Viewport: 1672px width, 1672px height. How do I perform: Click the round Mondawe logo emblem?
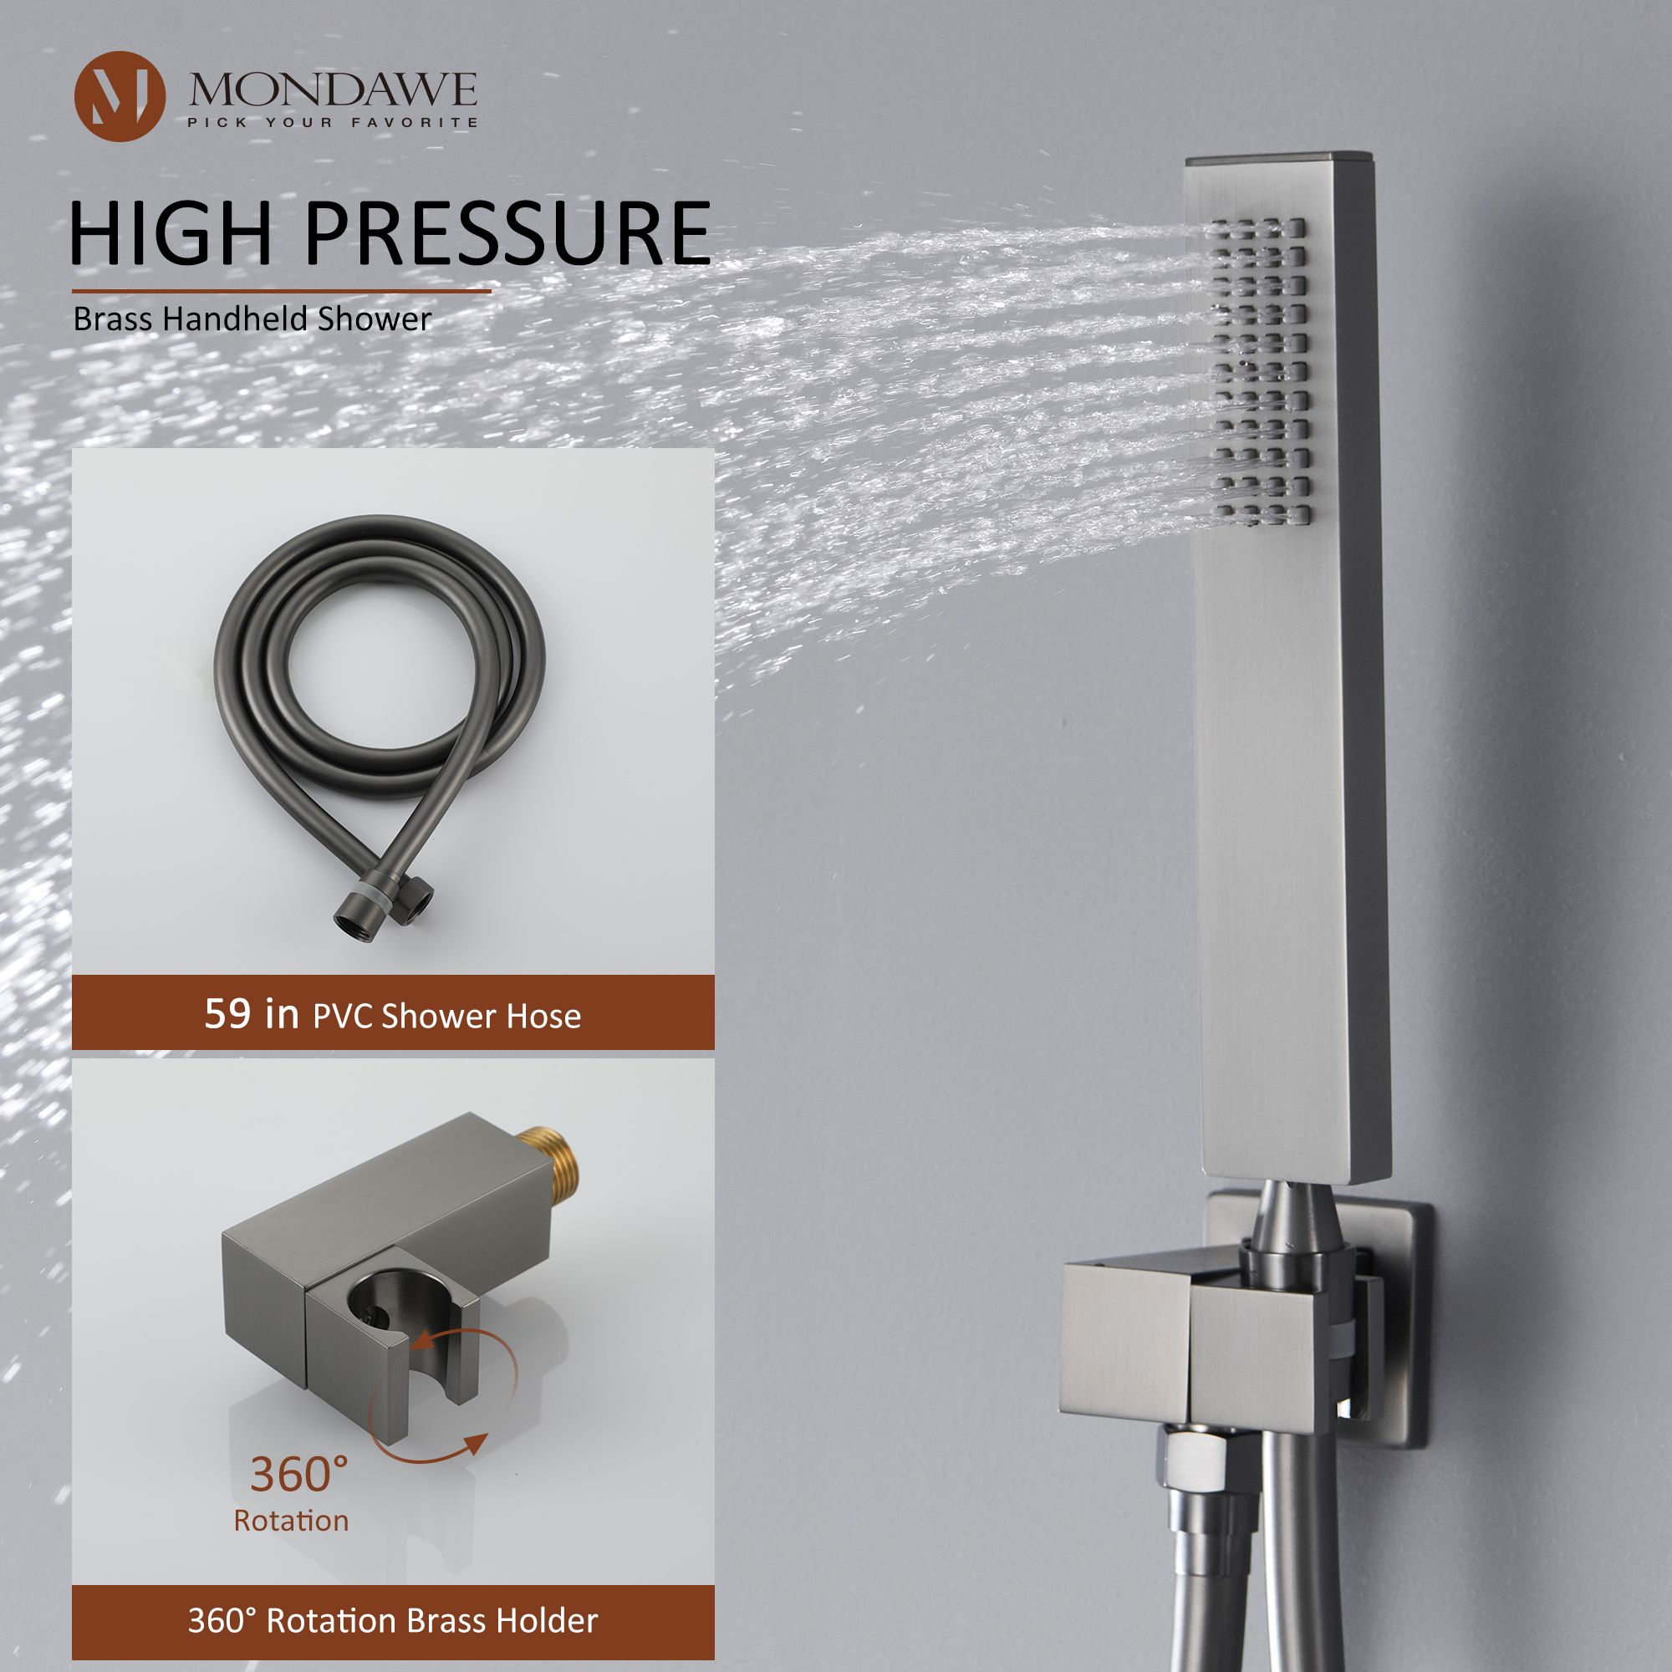point(120,96)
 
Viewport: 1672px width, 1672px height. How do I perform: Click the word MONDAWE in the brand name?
point(333,90)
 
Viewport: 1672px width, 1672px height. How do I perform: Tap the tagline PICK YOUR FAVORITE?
point(333,123)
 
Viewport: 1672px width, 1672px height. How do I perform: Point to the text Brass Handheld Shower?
point(252,319)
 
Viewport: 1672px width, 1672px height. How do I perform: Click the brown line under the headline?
point(281,292)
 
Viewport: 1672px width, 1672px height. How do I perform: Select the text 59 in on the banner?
point(251,1013)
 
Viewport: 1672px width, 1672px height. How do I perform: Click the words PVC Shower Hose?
point(446,1016)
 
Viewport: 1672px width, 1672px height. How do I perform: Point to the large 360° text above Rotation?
point(298,1474)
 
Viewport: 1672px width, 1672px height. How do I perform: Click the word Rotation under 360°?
point(291,1522)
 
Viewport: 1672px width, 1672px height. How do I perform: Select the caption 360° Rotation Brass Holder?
point(393,1621)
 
